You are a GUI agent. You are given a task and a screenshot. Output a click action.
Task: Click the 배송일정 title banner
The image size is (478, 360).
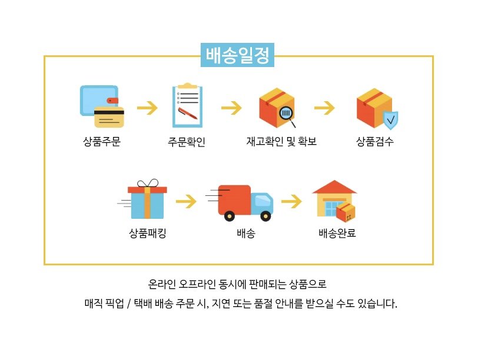click(x=237, y=55)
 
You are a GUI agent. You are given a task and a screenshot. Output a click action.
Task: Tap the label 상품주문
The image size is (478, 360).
click(x=102, y=142)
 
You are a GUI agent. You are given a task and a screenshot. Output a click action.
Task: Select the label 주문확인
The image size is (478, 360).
click(x=187, y=142)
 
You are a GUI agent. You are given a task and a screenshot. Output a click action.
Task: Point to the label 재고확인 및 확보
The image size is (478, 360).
click(x=281, y=141)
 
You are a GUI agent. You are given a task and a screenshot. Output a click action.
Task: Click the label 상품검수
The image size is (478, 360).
click(x=375, y=141)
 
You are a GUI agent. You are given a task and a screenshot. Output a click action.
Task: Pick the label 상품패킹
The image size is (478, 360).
click(x=148, y=234)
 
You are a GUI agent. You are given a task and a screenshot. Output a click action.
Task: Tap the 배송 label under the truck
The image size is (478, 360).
click(x=245, y=234)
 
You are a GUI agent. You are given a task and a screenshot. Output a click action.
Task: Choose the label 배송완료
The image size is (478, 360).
click(x=337, y=233)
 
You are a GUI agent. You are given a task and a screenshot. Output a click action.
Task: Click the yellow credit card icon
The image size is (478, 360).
click(x=109, y=117)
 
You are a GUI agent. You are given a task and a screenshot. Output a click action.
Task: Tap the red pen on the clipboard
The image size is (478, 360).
click(x=187, y=114)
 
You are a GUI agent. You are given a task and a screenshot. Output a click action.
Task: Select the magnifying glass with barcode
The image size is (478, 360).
click(x=287, y=116)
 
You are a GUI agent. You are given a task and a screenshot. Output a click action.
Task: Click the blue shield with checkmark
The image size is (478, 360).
click(x=390, y=120)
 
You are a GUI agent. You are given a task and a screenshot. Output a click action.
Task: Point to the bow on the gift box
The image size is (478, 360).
click(x=148, y=183)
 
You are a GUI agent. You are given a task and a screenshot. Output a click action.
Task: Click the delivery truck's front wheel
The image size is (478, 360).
click(x=265, y=216)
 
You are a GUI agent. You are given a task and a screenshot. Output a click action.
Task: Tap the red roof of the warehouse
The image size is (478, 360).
click(x=334, y=186)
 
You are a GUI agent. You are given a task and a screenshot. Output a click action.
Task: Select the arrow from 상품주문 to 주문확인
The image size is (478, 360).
click(x=147, y=108)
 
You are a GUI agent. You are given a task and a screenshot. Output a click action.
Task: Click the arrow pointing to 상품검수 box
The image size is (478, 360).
click(x=324, y=108)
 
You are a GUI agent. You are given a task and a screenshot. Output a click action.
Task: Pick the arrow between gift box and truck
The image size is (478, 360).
click(x=186, y=201)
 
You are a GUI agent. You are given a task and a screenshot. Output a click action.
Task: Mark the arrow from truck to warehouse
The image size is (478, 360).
click(x=291, y=201)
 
